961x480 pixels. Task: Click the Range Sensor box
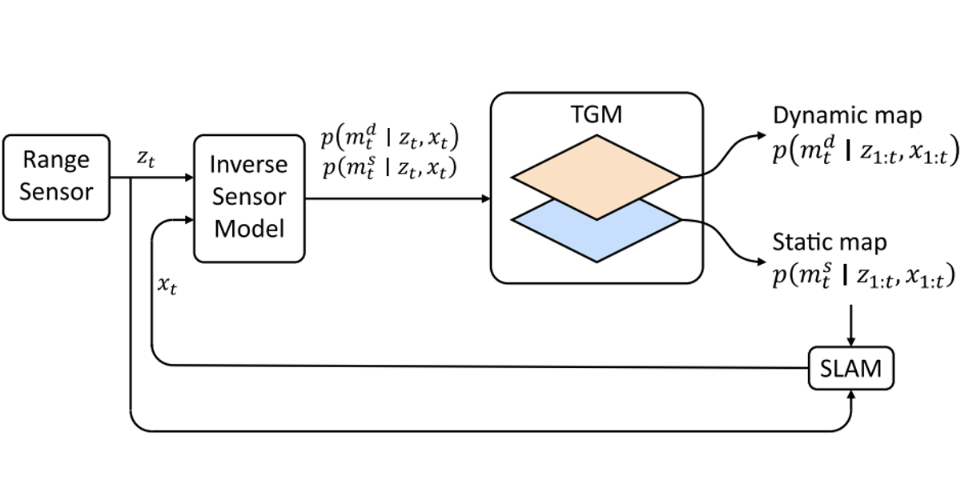(x=56, y=178)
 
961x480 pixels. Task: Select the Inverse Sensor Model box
(x=249, y=198)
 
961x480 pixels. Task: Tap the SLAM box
(x=851, y=368)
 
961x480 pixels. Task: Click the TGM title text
(x=597, y=114)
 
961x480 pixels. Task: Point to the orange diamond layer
(x=597, y=178)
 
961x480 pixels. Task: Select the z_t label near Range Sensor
(x=146, y=158)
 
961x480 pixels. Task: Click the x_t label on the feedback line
(x=167, y=285)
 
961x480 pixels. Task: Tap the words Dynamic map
(x=847, y=116)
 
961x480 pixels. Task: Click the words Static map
(x=830, y=242)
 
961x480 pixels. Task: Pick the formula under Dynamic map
(x=866, y=150)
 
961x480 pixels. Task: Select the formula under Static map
(x=864, y=275)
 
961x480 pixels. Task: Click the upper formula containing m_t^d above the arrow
(x=390, y=137)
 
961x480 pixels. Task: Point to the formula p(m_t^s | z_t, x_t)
(x=389, y=167)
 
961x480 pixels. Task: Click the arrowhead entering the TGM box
(x=485, y=198)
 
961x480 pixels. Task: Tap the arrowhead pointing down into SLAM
(x=851, y=342)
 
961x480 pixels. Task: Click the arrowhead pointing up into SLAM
(x=851, y=394)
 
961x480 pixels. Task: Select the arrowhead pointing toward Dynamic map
(x=761, y=135)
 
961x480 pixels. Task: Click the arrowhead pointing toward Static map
(x=761, y=262)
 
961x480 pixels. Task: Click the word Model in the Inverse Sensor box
(x=249, y=229)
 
